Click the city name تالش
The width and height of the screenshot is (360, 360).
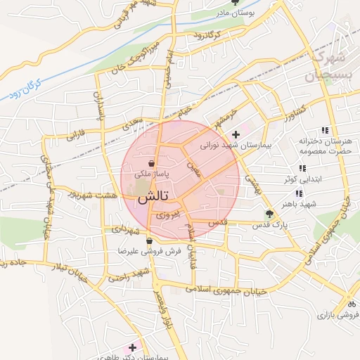(x=151, y=199)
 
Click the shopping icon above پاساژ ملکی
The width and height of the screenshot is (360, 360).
(x=152, y=162)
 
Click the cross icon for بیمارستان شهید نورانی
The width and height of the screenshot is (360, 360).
(x=235, y=134)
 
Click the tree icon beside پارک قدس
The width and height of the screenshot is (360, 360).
(x=268, y=214)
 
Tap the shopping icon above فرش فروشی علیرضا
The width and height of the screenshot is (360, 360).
(x=149, y=240)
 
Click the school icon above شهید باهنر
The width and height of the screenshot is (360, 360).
(x=300, y=193)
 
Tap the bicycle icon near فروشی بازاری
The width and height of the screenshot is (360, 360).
(x=350, y=304)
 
